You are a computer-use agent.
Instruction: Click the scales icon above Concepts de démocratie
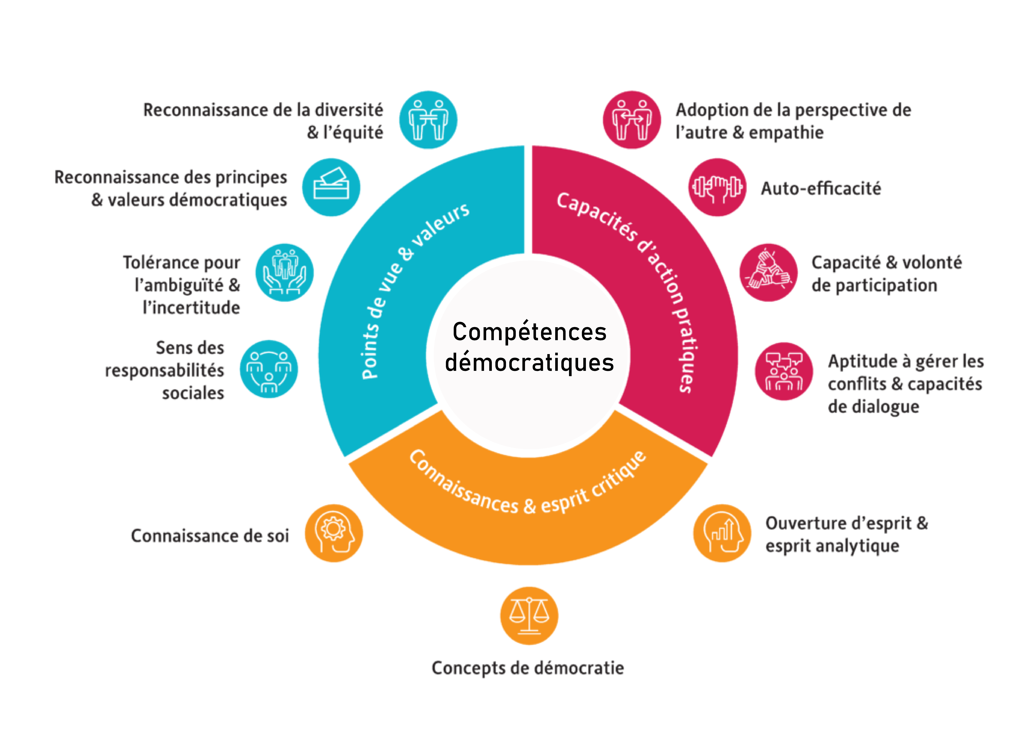click(x=529, y=616)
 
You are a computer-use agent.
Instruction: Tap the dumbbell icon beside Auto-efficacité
click(x=717, y=187)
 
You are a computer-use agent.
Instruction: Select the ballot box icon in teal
click(x=331, y=187)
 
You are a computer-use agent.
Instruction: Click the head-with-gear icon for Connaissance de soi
click(x=334, y=533)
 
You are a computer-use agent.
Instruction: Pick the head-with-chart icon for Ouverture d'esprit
click(x=722, y=533)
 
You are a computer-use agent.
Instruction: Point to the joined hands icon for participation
click(x=769, y=272)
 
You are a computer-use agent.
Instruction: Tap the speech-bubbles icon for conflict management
click(x=784, y=371)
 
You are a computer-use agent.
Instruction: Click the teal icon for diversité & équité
click(x=428, y=120)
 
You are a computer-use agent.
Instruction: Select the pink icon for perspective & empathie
click(x=632, y=120)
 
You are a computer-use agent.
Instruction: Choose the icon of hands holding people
click(x=284, y=272)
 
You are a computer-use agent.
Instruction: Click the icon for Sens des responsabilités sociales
click(x=269, y=369)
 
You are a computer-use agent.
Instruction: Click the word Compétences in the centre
click(x=529, y=332)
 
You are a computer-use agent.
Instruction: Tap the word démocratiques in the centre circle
click(x=529, y=362)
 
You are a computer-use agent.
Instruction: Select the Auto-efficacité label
click(x=821, y=188)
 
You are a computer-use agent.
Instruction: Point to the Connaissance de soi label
click(x=210, y=536)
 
